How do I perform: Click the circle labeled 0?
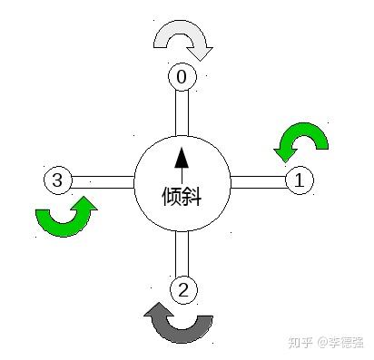pos(182,76)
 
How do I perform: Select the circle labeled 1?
pos(300,180)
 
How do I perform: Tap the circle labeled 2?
pos(183,290)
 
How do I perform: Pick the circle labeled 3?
pos(58,180)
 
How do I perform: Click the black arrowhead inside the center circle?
pos(182,158)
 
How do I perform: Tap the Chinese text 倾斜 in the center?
pos(182,197)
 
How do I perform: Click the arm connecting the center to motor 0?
pos(182,113)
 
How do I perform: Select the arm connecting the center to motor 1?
pos(259,182)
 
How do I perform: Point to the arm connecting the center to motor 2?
pos(182,254)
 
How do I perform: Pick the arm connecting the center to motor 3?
pos(103,182)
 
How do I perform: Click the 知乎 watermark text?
pos(300,343)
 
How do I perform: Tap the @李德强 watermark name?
pos(340,343)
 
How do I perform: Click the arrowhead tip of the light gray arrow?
pos(200,61)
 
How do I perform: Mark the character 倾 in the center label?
pos(172,197)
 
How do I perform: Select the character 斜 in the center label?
pos(192,197)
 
